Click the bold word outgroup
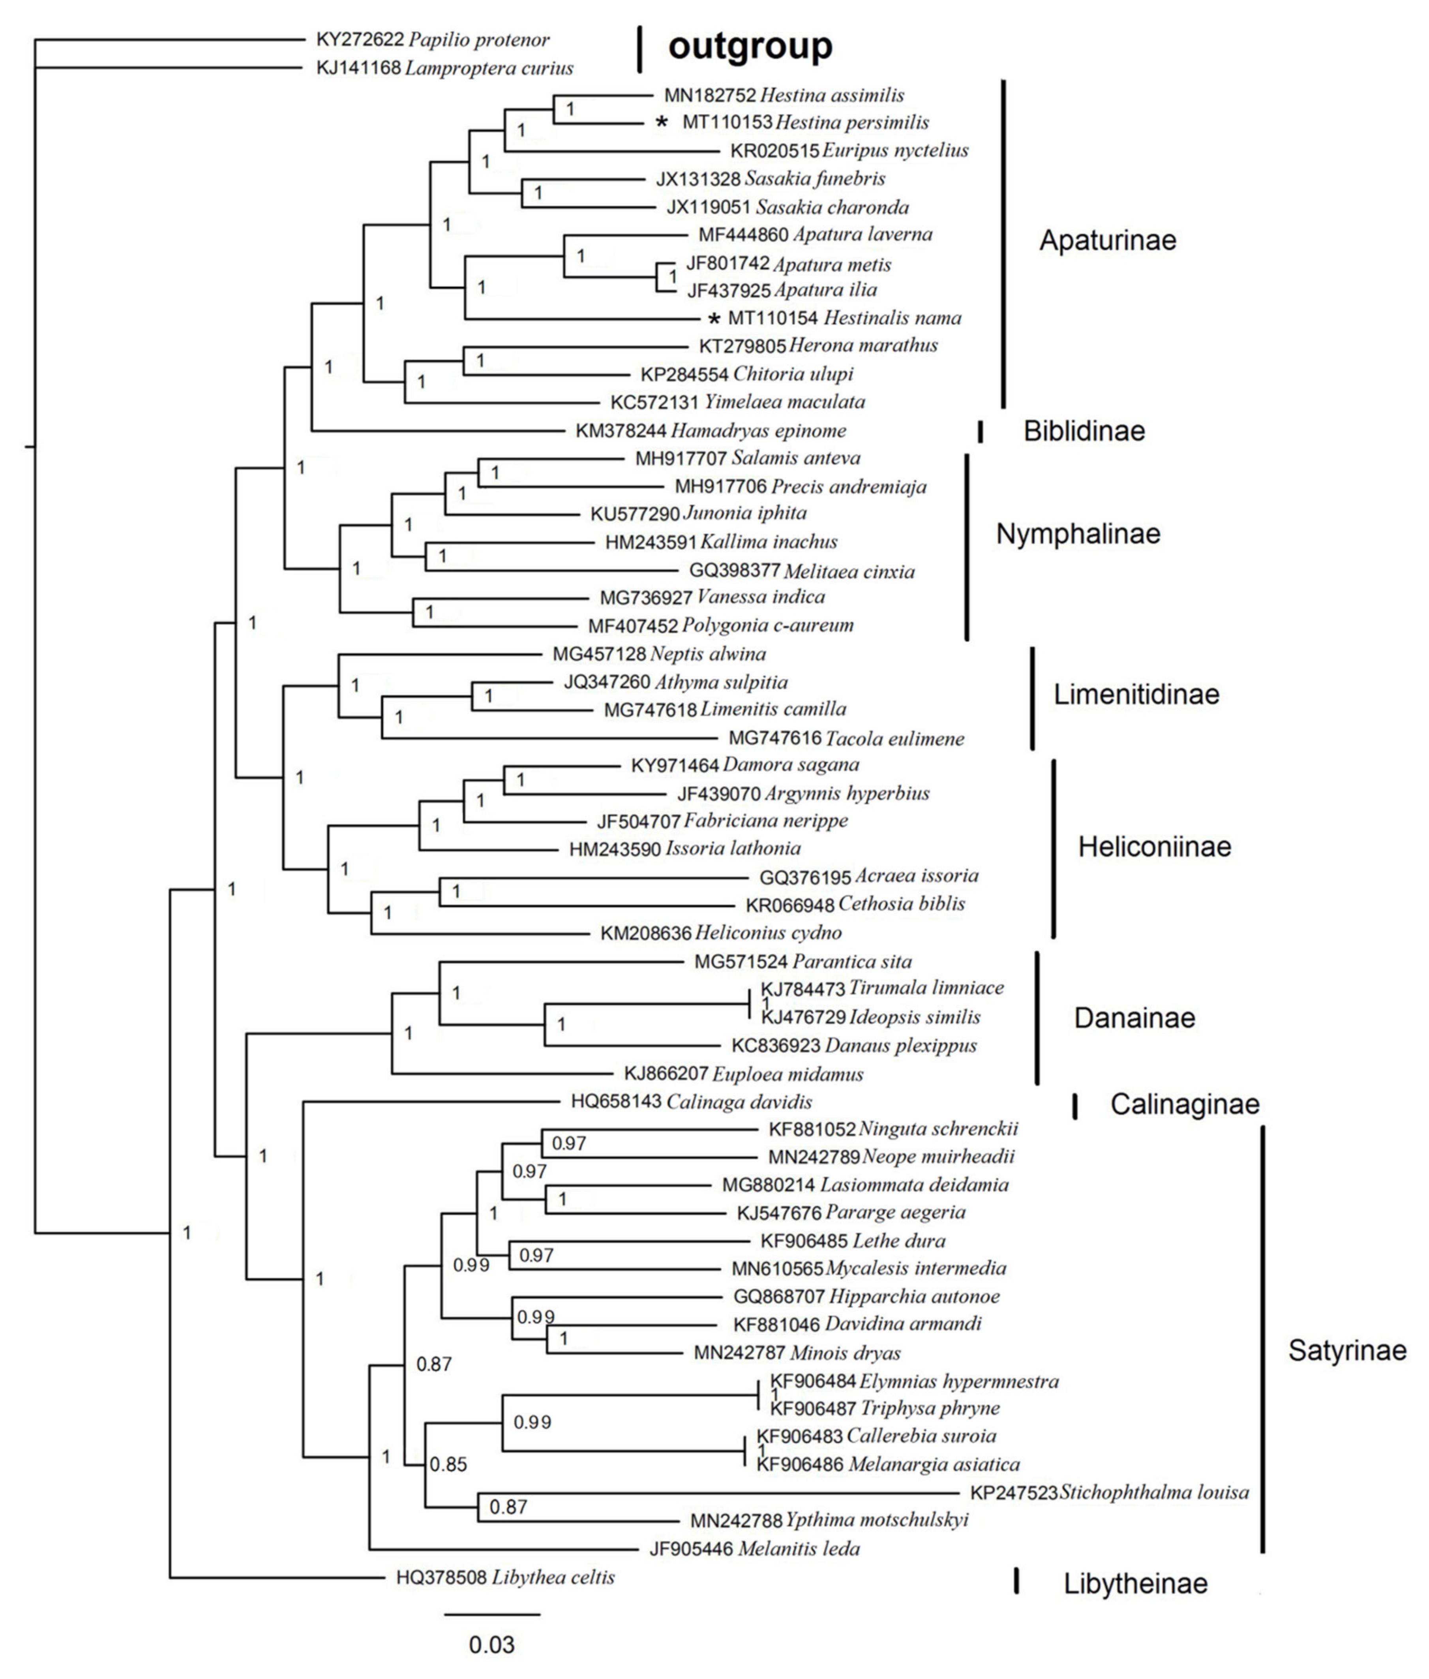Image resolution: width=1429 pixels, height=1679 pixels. (x=750, y=47)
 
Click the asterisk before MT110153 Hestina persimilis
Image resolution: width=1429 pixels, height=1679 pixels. (x=662, y=122)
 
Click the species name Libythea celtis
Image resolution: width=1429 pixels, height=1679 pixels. (x=553, y=1577)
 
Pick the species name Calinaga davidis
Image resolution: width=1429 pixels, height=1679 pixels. (x=740, y=1102)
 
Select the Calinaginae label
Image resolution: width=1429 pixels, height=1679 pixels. (x=1184, y=1104)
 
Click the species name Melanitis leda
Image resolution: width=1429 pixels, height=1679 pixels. (x=799, y=1549)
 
